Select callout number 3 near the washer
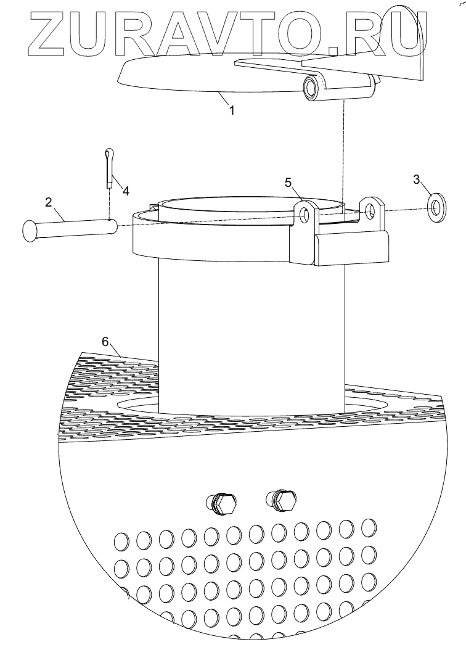(417, 179)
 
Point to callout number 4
(125, 191)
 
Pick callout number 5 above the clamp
(288, 183)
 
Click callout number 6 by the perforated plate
(105, 342)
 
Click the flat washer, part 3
(438, 206)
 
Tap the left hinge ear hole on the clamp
(305, 214)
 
